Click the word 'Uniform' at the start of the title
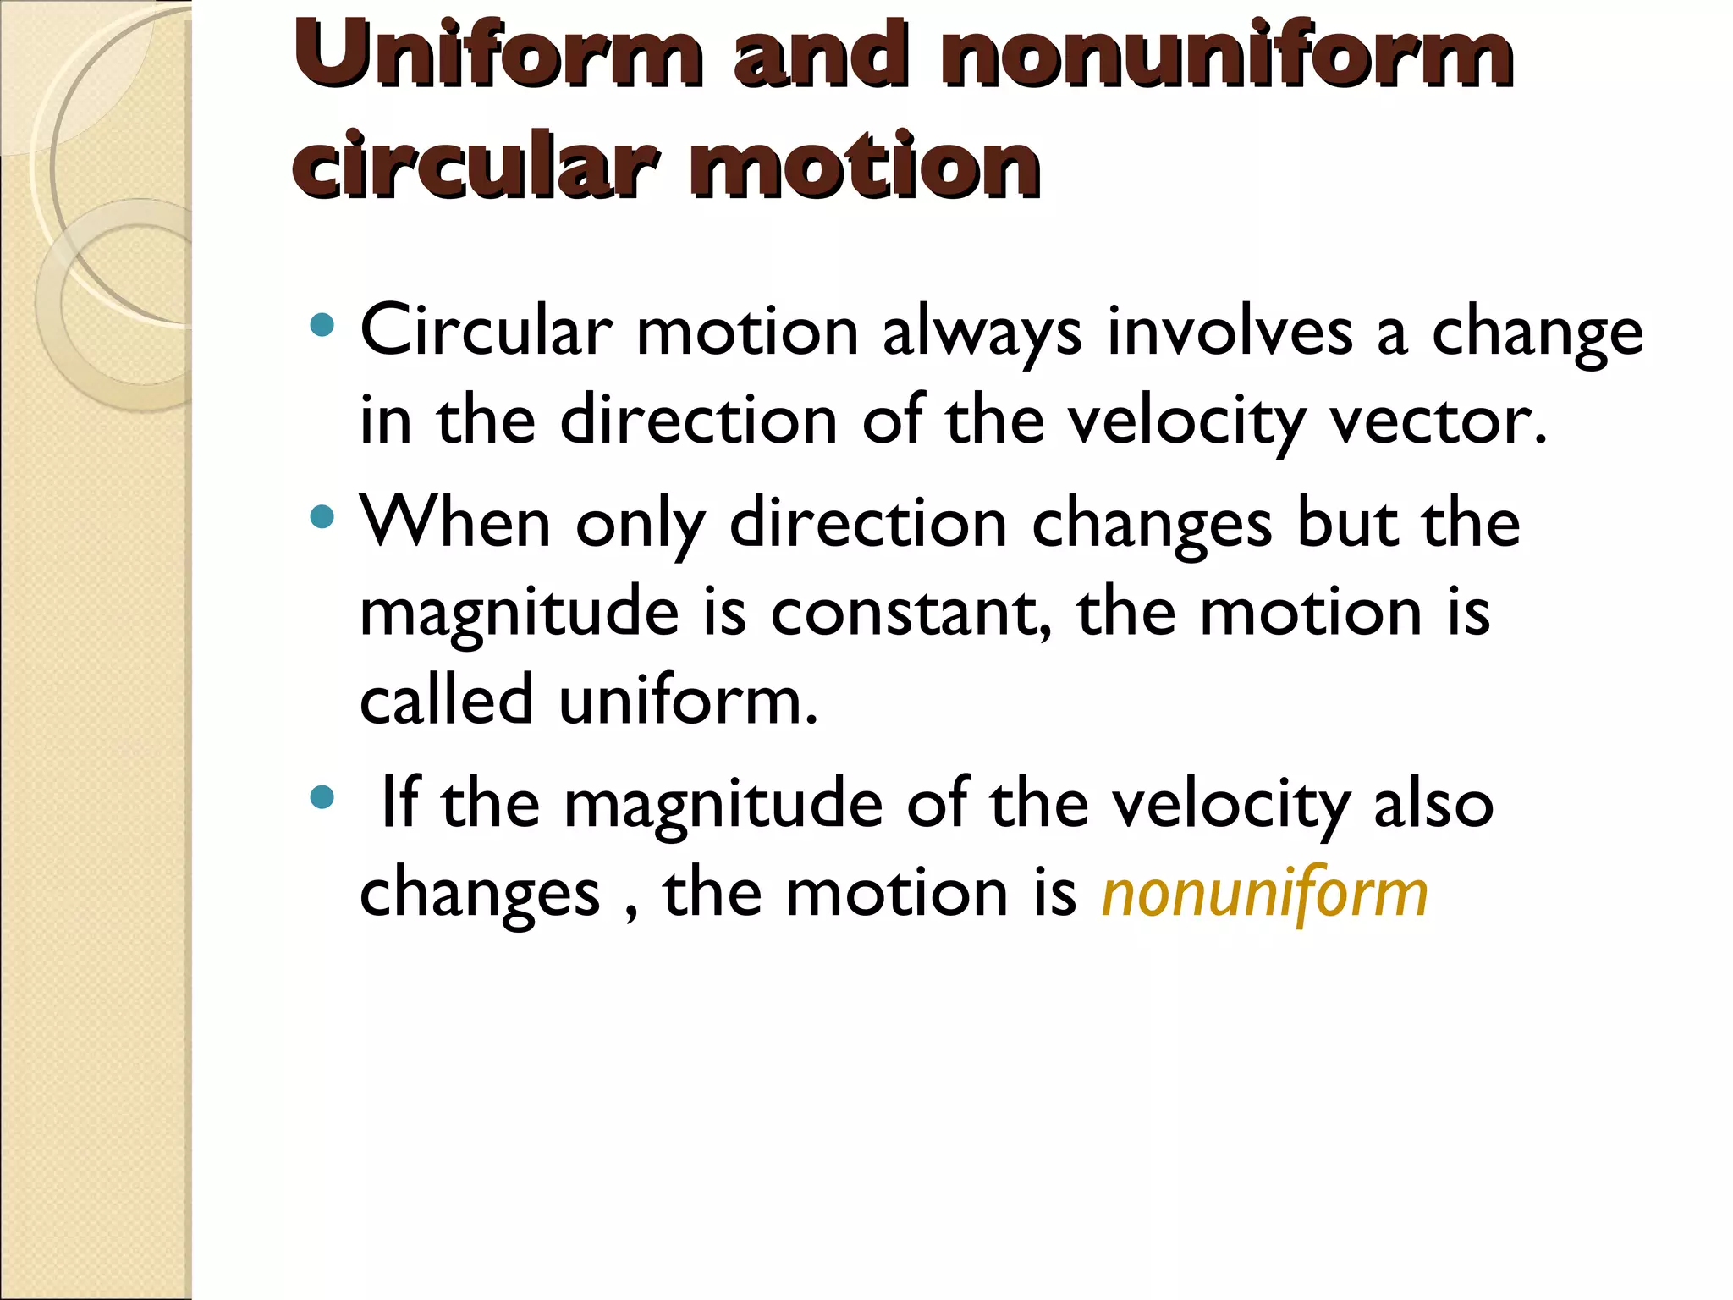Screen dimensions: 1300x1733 coord(498,54)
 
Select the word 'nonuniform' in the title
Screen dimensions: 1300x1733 coord(1226,54)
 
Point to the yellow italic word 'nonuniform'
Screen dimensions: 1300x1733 coord(1264,894)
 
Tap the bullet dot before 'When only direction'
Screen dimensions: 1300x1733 coord(322,516)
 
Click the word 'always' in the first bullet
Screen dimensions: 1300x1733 coord(982,332)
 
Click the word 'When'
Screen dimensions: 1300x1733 coord(455,522)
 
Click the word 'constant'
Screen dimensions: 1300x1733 coord(910,612)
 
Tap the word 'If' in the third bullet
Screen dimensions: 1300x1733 coord(400,801)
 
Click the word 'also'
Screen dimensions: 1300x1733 coord(1433,801)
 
